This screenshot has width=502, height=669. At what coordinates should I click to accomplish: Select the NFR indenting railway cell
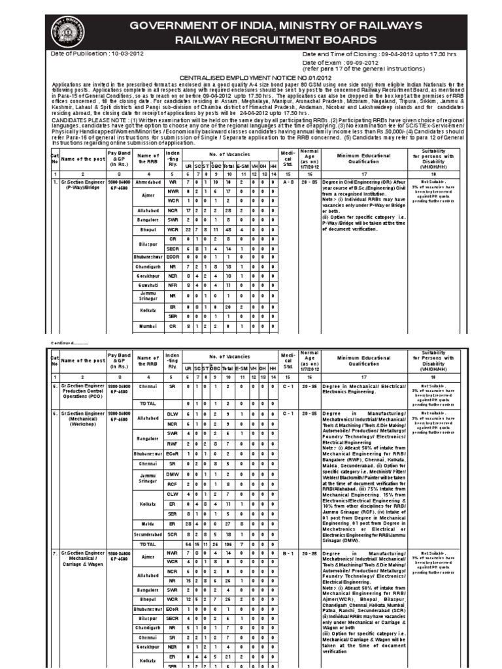tap(172, 286)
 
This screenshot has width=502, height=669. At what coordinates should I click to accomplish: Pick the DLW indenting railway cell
tap(172, 414)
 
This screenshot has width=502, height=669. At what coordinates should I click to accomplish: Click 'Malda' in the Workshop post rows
tap(147, 525)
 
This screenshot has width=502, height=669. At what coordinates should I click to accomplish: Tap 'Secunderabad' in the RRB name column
tap(147, 534)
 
